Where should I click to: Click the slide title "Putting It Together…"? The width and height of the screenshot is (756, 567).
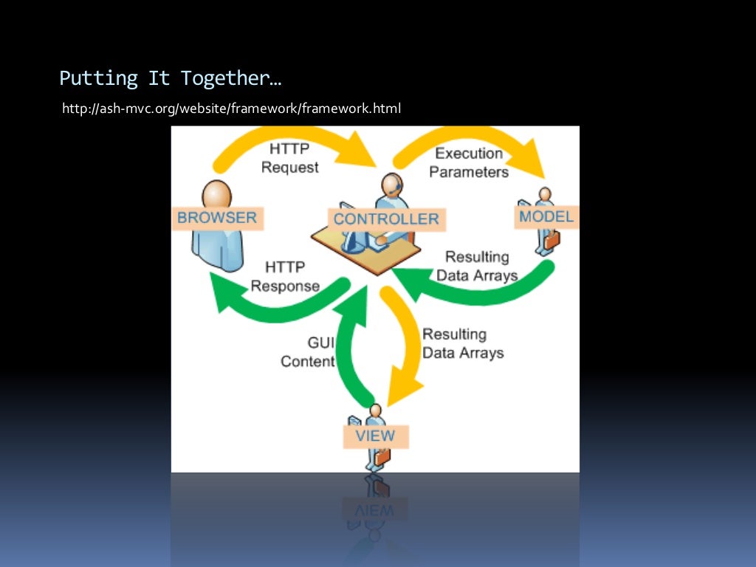(x=171, y=78)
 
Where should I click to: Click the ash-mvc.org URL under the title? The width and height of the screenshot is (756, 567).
(x=231, y=109)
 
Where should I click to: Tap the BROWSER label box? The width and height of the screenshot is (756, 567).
(x=217, y=218)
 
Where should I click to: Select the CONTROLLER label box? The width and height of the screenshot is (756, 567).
(x=385, y=219)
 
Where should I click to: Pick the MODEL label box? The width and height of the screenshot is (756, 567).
(x=546, y=216)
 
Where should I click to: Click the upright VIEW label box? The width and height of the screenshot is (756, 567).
(x=375, y=436)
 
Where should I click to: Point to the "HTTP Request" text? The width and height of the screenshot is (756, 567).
(x=290, y=159)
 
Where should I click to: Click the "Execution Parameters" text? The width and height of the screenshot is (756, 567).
(x=469, y=162)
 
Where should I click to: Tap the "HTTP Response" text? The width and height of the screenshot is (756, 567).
(x=285, y=276)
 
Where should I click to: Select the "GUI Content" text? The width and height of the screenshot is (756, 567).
(x=309, y=352)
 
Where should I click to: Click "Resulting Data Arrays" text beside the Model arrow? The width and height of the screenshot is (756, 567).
(x=477, y=267)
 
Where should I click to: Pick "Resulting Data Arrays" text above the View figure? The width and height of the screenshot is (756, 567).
(x=463, y=343)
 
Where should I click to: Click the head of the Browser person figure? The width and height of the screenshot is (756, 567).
(x=216, y=194)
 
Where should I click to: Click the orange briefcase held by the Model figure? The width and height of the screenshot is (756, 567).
(x=552, y=239)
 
